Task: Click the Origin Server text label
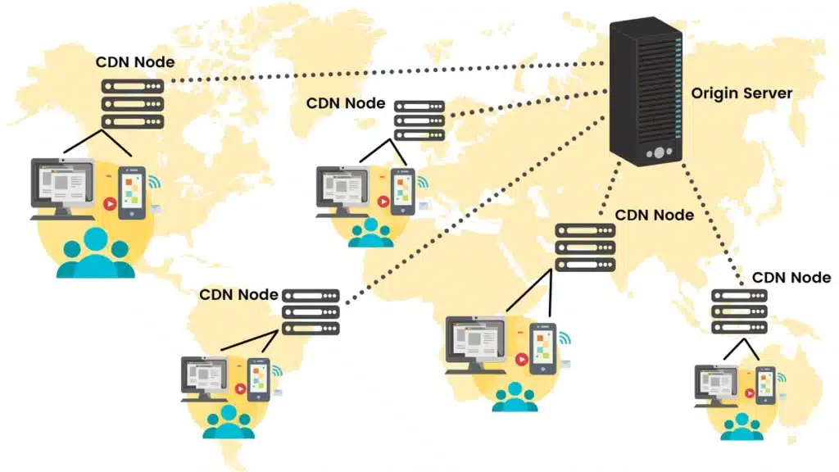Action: [x=741, y=93]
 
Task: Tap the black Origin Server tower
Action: [x=646, y=92]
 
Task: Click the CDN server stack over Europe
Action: [x=419, y=120]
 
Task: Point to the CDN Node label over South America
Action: [x=239, y=294]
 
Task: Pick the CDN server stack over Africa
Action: [x=585, y=247]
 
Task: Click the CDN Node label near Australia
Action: [x=791, y=278]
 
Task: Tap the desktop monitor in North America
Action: [x=62, y=185]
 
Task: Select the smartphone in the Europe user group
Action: [x=401, y=192]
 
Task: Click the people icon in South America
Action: [x=229, y=421]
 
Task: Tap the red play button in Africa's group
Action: [x=521, y=358]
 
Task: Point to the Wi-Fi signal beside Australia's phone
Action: [x=781, y=378]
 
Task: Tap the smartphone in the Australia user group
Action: [x=765, y=386]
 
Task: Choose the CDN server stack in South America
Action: [x=311, y=311]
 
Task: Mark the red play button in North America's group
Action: [x=108, y=202]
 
